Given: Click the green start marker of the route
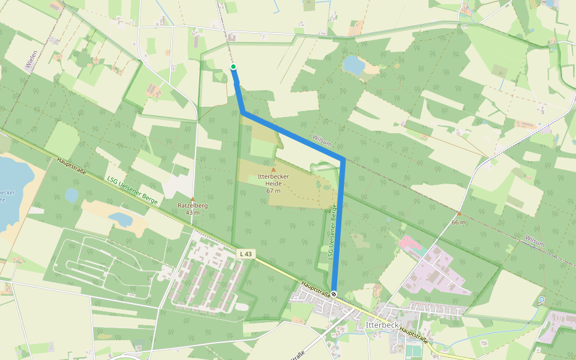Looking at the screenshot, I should (x=233, y=67).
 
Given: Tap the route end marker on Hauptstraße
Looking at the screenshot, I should (x=334, y=294).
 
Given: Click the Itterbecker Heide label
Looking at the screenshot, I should (x=274, y=182).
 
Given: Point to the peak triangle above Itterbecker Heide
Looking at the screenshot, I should (x=274, y=169).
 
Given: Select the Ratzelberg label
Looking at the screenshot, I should (x=193, y=206).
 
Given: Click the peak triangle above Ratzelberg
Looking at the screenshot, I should (x=193, y=199).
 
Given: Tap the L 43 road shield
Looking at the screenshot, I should (x=245, y=254).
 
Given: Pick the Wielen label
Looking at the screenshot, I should (x=31, y=60).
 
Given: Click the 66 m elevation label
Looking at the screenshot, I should (x=459, y=222).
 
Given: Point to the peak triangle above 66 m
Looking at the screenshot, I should (x=459, y=214).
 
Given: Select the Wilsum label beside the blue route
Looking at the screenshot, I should (x=322, y=140).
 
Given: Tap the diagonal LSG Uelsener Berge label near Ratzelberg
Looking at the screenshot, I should (x=132, y=191).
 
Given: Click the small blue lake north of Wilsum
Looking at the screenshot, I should (x=353, y=64).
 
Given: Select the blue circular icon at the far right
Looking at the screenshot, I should (x=542, y=299).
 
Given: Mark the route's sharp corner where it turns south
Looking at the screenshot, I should (x=343, y=160).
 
